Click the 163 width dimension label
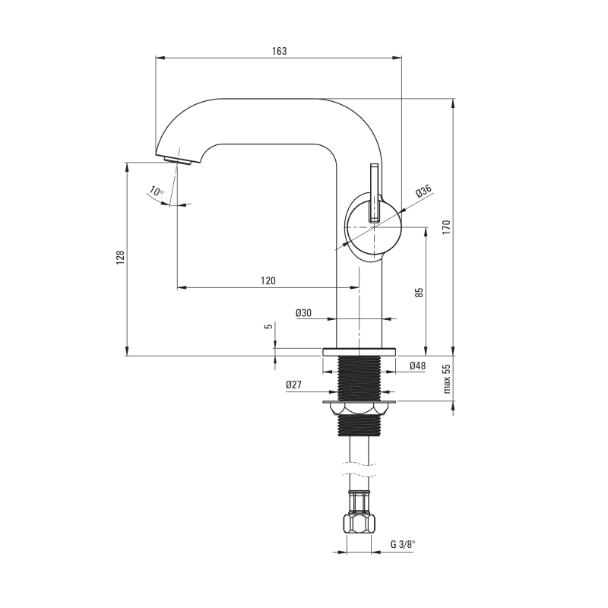[x=279, y=51]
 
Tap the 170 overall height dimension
[x=446, y=227]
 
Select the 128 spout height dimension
[x=120, y=258]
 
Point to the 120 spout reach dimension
[x=268, y=280]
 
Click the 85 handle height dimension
[x=420, y=293]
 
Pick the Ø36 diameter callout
[x=423, y=192]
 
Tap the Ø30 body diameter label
[x=303, y=312]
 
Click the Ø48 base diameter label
[x=417, y=366]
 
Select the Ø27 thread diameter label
[x=293, y=385]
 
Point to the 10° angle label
[x=157, y=191]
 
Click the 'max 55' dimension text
[x=447, y=378]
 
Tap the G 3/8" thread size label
[x=403, y=544]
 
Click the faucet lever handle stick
[x=374, y=193]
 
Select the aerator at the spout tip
[x=177, y=160]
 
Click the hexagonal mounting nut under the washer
[x=359, y=409]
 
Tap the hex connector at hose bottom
[x=359, y=524]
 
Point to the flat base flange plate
[x=359, y=352]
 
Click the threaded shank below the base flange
[x=359, y=378]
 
